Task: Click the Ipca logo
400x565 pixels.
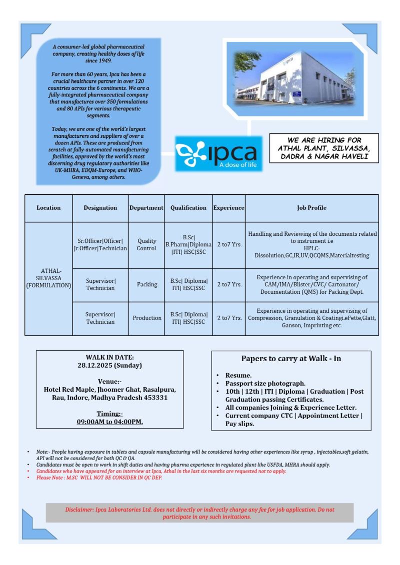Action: pyautogui.click(x=218, y=153)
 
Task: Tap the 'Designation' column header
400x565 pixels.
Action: pyautogui.click(x=100, y=208)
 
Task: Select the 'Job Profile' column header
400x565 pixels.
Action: pyautogui.click(x=311, y=208)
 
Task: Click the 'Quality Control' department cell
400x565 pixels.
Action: pyautogui.click(x=146, y=244)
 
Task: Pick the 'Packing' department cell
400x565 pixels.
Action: pyautogui.click(x=146, y=284)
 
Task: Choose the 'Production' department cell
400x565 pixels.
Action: pyautogui.click(x=146, y=318)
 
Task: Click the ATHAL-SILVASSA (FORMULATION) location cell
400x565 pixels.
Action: pyautogui.click(x=48, y=278)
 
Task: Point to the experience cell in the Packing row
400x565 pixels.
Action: pyautogui.click(x=229, y=284)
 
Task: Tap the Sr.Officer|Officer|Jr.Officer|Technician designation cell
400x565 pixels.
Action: pyautogui.click(x=100, y=244)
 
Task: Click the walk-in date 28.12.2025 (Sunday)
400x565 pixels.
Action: pyautogui.click(x=110, y=365)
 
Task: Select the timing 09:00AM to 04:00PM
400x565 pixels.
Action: pyautogui.click(x=110, y=422)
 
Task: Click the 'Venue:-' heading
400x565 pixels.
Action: pyautogui.click(x=110, y=382)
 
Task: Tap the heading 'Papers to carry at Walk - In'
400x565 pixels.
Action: pyautogui.click(x=291, y=358)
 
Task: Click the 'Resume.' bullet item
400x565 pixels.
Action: pyautogui.click(x=239, y=375)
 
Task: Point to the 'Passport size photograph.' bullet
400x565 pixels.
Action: pyautogui.click(x=265, y=383)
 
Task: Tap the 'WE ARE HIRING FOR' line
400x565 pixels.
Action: pyautogui.click(x=324, y=140)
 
